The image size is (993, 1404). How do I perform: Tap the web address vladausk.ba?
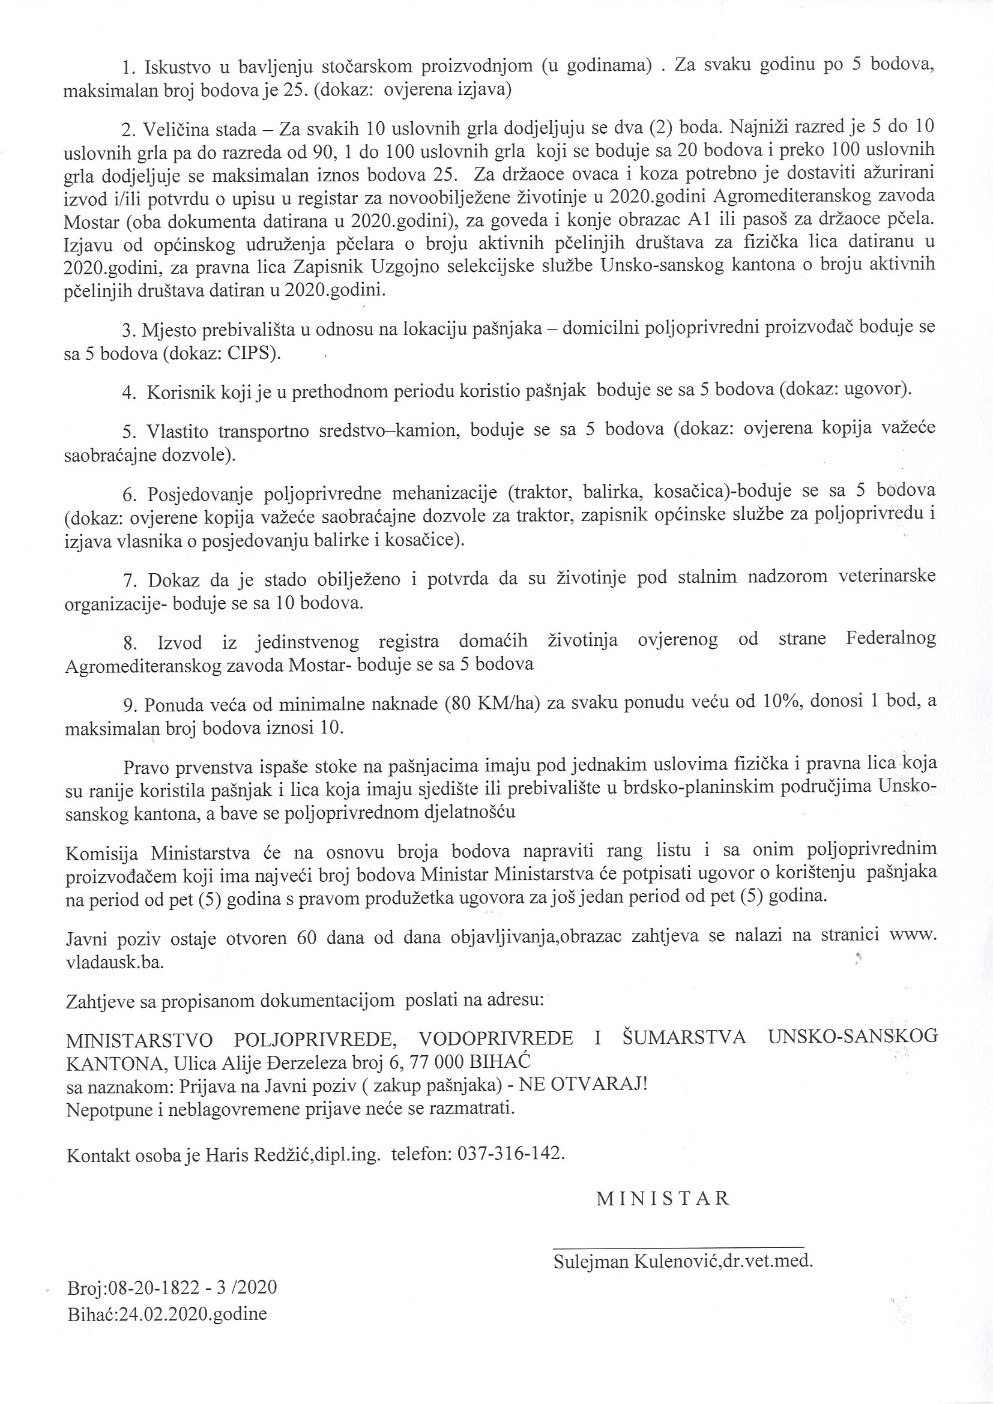click(x=114, y=960)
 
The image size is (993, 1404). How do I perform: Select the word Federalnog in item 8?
click(x=891, y=639)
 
